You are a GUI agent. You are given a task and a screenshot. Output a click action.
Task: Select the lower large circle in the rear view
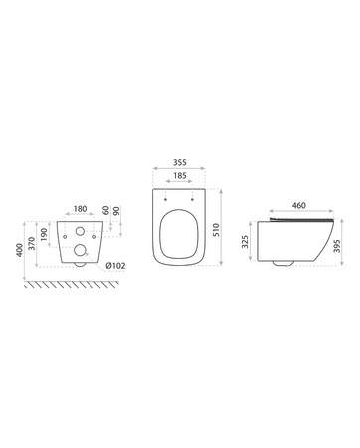coord(80,256)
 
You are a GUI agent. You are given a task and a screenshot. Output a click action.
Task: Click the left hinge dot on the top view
coord(165,198)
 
